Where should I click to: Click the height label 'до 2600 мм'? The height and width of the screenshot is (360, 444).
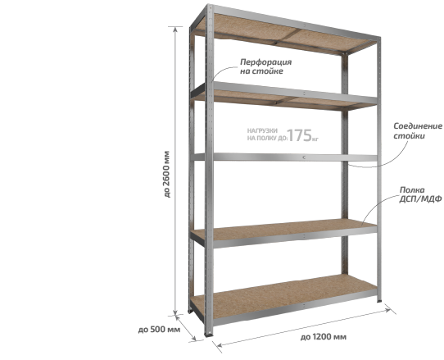(x=167, y=174)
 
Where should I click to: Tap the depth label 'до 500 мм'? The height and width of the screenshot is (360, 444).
(x=159, y=330)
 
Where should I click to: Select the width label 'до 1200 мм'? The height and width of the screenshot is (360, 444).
(x=323, y=337)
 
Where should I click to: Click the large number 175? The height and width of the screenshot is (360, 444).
(x=299, y=135)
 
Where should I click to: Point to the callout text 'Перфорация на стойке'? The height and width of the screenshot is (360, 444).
(x=265, y=66)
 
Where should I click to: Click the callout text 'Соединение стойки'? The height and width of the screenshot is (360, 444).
(x=418, y=130)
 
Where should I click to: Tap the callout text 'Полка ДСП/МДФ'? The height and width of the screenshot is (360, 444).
(x=420, y=194)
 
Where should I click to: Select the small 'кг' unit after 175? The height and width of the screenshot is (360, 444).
(x=315, y=139)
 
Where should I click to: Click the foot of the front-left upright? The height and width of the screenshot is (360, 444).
(x=209, y=334)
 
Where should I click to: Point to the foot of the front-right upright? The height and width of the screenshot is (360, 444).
(x=378, y=300)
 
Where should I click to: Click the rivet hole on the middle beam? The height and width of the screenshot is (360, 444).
(x=304, y=157)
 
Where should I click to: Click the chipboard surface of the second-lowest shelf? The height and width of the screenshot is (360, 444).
(x=283, y=229)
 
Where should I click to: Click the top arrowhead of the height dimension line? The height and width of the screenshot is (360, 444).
(x=175, y=29)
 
